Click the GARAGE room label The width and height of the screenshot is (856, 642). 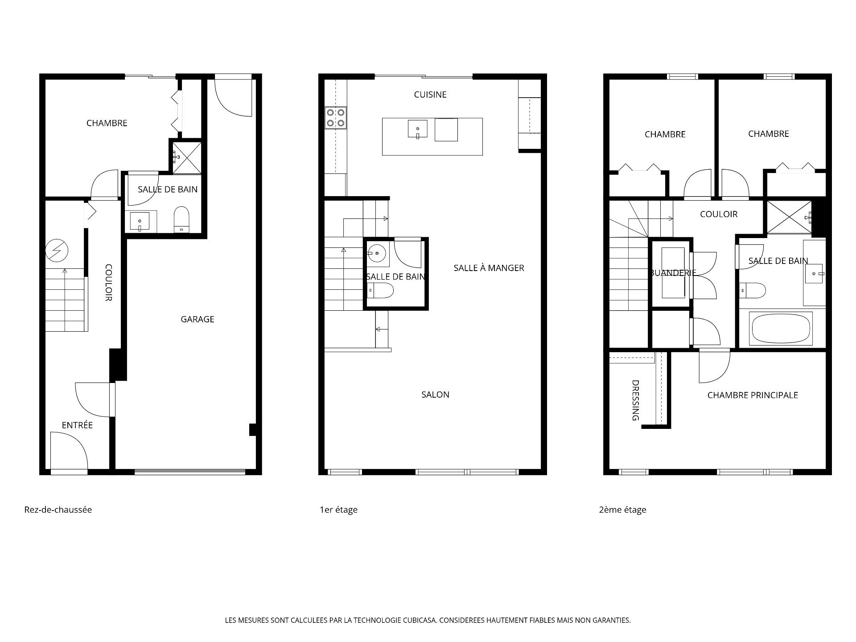(x=198, y=319)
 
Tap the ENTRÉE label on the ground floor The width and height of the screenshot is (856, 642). (x=77, y=425)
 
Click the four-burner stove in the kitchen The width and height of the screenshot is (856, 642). (x=336, y=118)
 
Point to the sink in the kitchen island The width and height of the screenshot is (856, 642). (x=417, y=129)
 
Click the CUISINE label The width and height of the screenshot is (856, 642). (x=430, y=95)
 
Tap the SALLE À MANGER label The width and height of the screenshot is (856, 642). (x=489, y=268)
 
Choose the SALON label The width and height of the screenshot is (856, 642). (x=436, y=395)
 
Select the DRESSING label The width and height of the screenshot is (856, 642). (x=636, y=400)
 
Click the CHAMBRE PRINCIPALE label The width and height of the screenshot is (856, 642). (x=753, y=395)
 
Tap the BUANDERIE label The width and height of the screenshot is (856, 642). (x=673, y=273)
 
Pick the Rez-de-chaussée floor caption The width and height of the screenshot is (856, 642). (x=58, y=510)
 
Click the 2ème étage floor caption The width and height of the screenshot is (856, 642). (x=622, y=510)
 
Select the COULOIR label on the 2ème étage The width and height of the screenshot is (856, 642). (x=719, y=214)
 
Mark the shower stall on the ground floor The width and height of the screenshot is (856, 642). (x=187, y=157)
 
